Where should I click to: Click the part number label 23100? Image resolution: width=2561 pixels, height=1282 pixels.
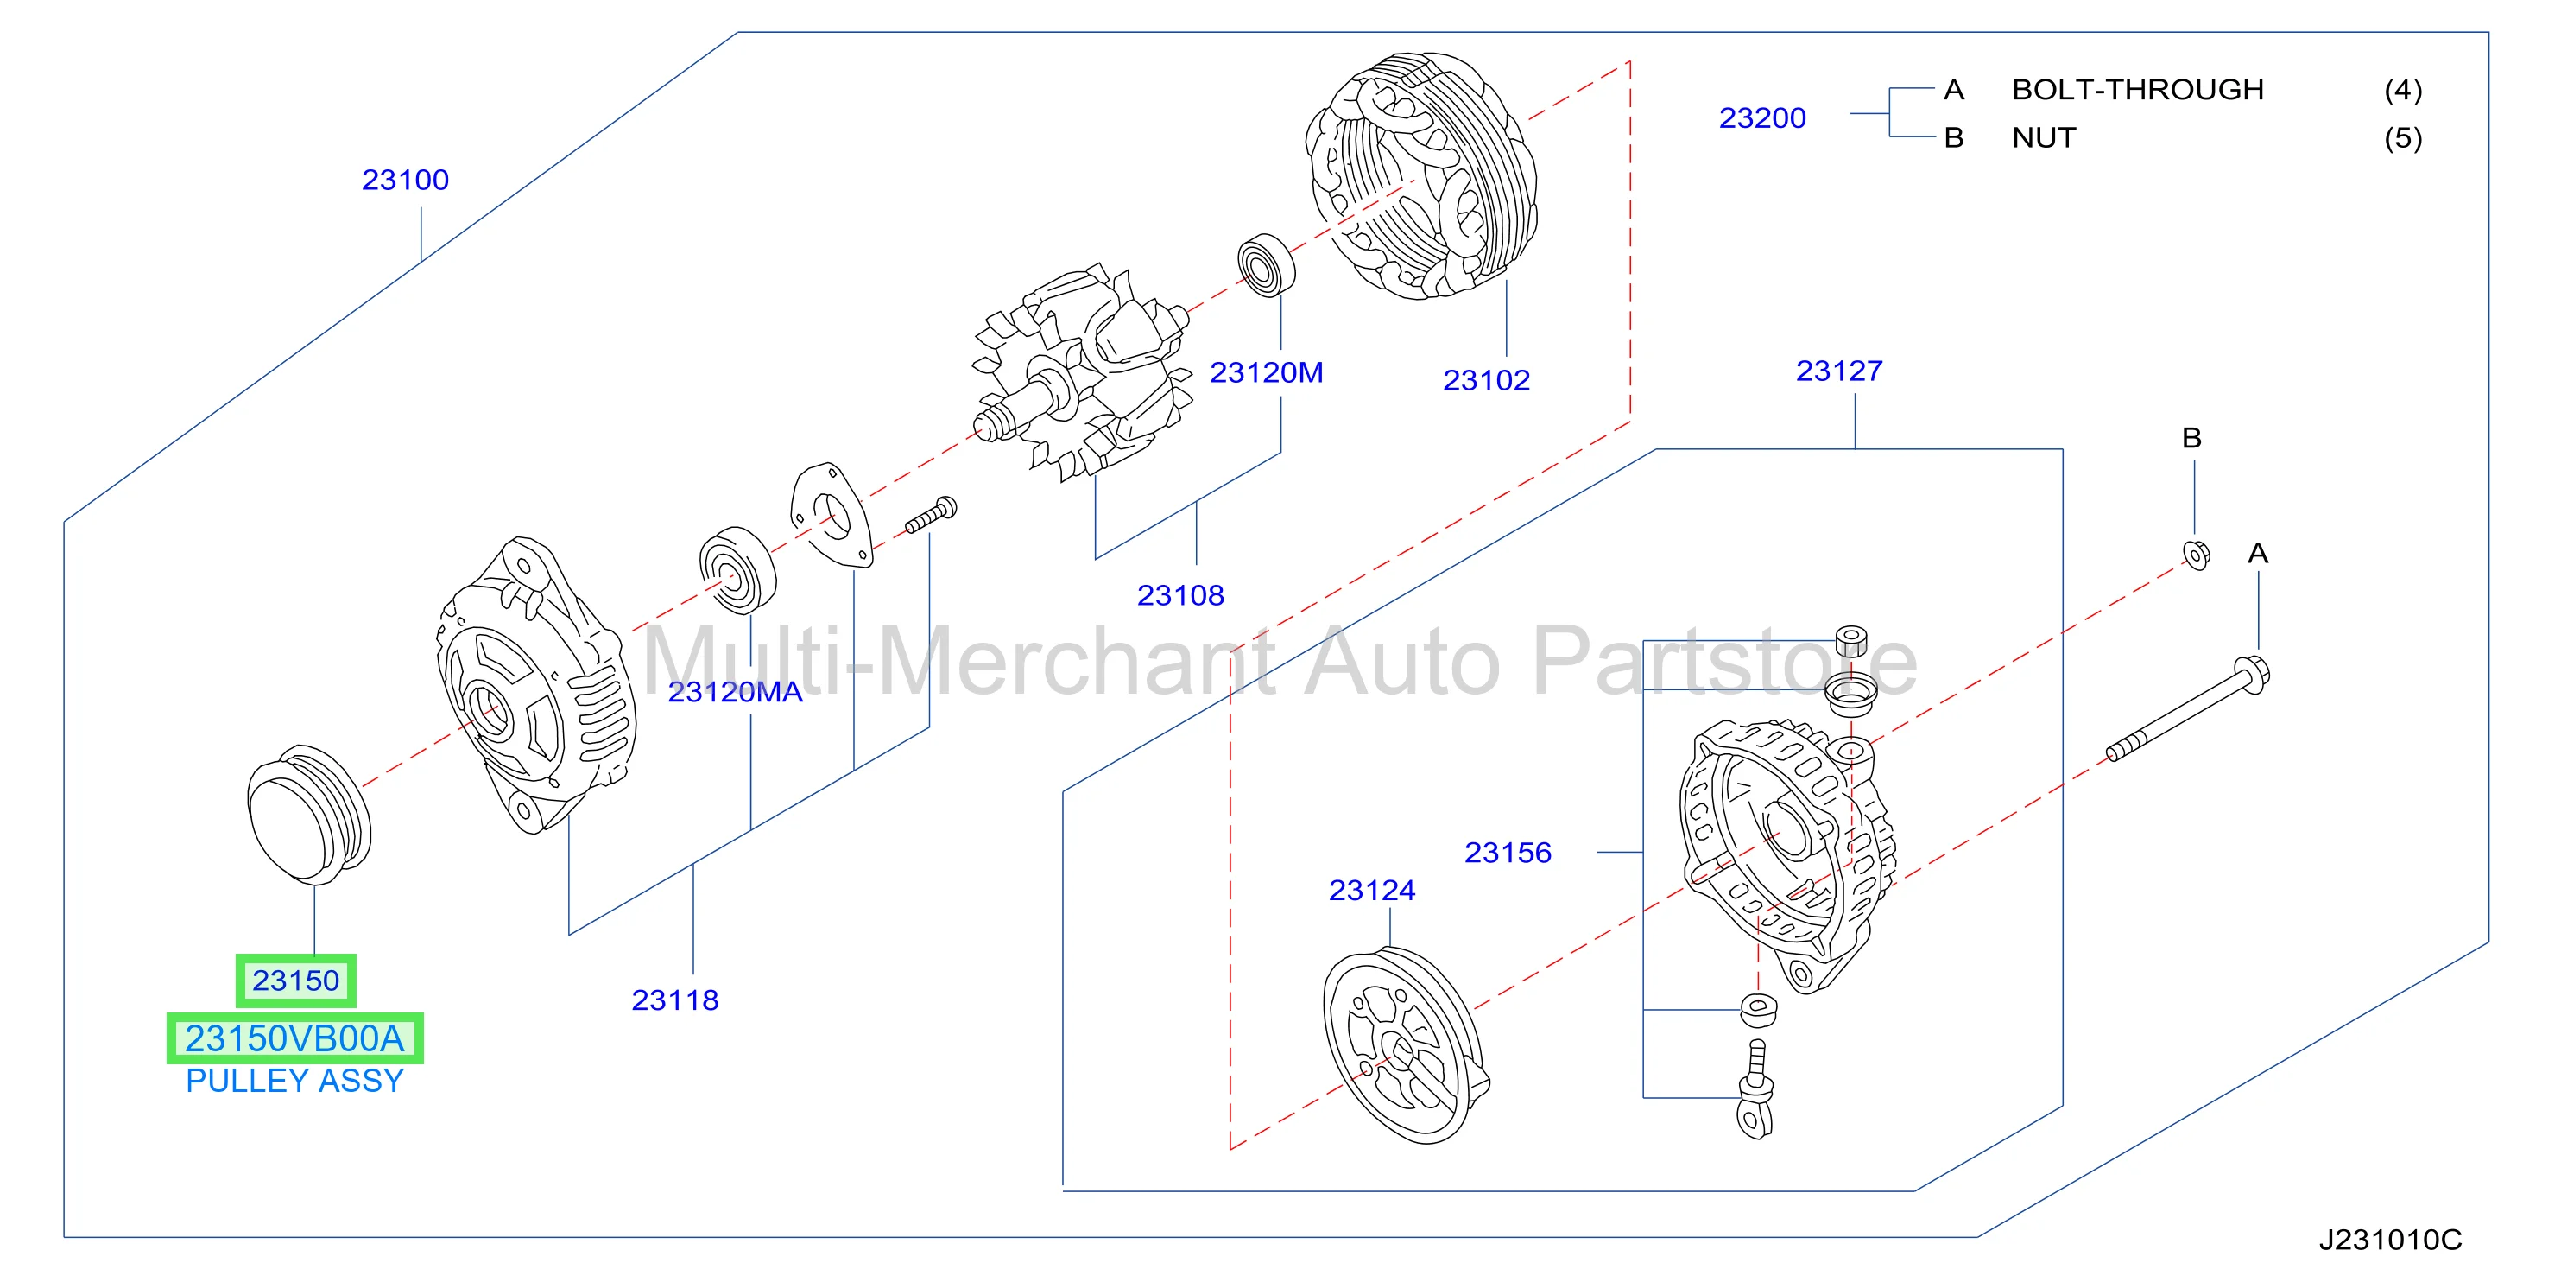(x=405, y=180)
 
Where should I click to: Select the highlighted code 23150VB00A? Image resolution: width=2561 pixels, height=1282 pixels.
(x=294, y=1038)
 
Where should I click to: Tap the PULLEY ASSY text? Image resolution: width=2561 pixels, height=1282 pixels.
(x=294, y=1081)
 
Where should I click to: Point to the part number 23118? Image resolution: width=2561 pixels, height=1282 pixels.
(x=675, y=1000)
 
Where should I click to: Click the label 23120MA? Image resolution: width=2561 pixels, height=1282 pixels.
(x=735, y=691)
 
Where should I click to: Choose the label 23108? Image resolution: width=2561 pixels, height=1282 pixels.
(x=1180, y=594)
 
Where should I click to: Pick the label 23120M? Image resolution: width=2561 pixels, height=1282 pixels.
(x=1266, y=372)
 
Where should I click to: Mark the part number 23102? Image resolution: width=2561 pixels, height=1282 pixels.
(x=1486, y=380)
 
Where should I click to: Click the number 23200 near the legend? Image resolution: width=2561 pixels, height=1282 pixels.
(x=1762, y=117)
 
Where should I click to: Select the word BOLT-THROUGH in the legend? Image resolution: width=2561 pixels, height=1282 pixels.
(x=2138, y=90)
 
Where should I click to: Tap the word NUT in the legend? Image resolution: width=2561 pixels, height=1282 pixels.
(x=2044, y=137)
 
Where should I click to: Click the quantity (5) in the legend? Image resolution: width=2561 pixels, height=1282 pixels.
(x=2403, y=137)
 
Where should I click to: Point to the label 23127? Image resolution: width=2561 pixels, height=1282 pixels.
(x=1839, y=371)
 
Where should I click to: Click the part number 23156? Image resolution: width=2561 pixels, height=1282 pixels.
(x=1508, y=853)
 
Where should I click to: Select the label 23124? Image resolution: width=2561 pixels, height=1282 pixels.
(x=1372, y=890)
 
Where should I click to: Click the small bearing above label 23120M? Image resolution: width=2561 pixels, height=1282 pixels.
(x=1267, y=264)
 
